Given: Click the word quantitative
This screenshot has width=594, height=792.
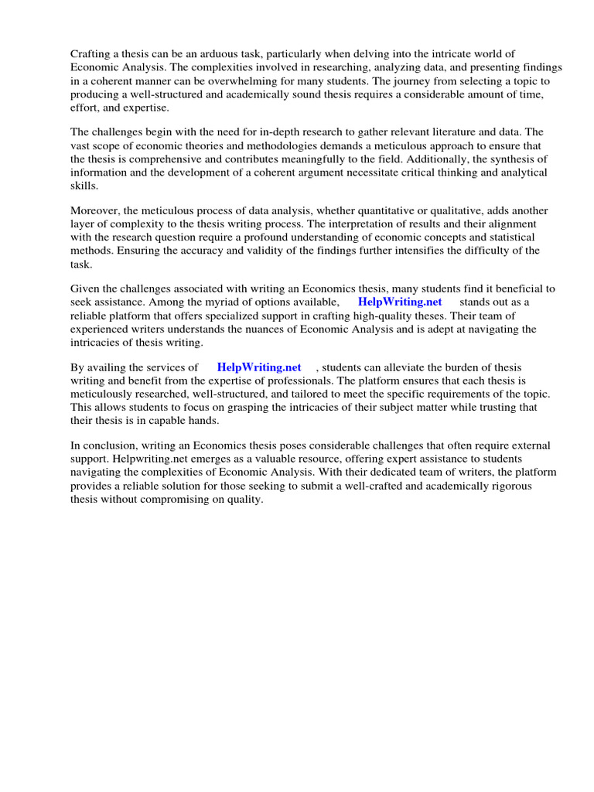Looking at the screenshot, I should tap(397, 210).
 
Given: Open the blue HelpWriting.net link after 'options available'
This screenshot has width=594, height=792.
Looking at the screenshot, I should tap(400, 302).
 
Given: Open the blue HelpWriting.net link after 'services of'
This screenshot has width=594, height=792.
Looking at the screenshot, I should tap(259, 367).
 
